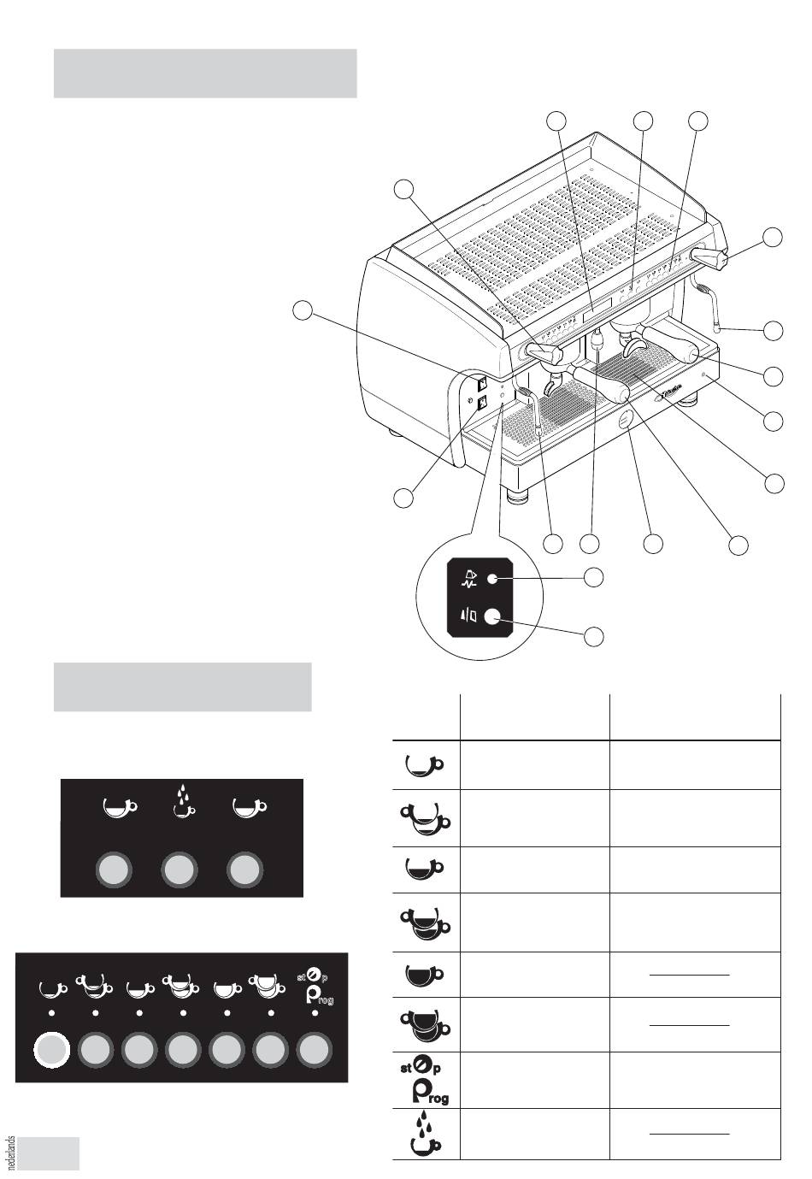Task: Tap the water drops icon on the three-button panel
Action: [179, 802]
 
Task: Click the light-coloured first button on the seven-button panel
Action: [50, 1051]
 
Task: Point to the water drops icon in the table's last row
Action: [425, 1134]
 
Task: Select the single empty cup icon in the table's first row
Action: [423, 763]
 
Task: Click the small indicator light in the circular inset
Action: [491, 580]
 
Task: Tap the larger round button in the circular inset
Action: [491, 615]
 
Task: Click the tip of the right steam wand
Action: [720, 326]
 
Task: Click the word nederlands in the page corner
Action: [10, 1153]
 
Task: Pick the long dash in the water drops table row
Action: [690, 1134]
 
